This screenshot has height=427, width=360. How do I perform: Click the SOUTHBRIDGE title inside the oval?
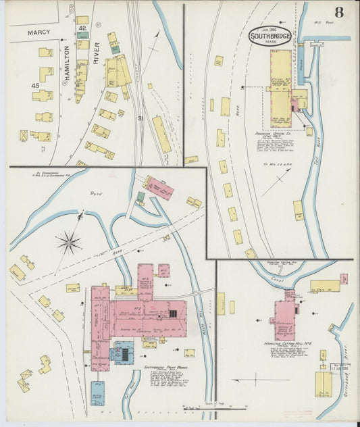270,36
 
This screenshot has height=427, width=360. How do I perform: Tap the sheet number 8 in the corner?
338,13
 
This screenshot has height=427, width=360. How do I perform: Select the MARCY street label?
39,32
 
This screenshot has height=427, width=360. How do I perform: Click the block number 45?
35,85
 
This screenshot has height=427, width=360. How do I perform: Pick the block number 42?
82,28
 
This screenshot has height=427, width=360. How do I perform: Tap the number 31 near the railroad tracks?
140,119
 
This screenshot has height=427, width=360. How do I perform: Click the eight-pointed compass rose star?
69,242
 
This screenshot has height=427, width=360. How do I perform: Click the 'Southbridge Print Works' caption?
162,369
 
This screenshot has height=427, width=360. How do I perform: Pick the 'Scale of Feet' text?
203,404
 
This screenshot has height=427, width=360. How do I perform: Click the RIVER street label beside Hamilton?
96,54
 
